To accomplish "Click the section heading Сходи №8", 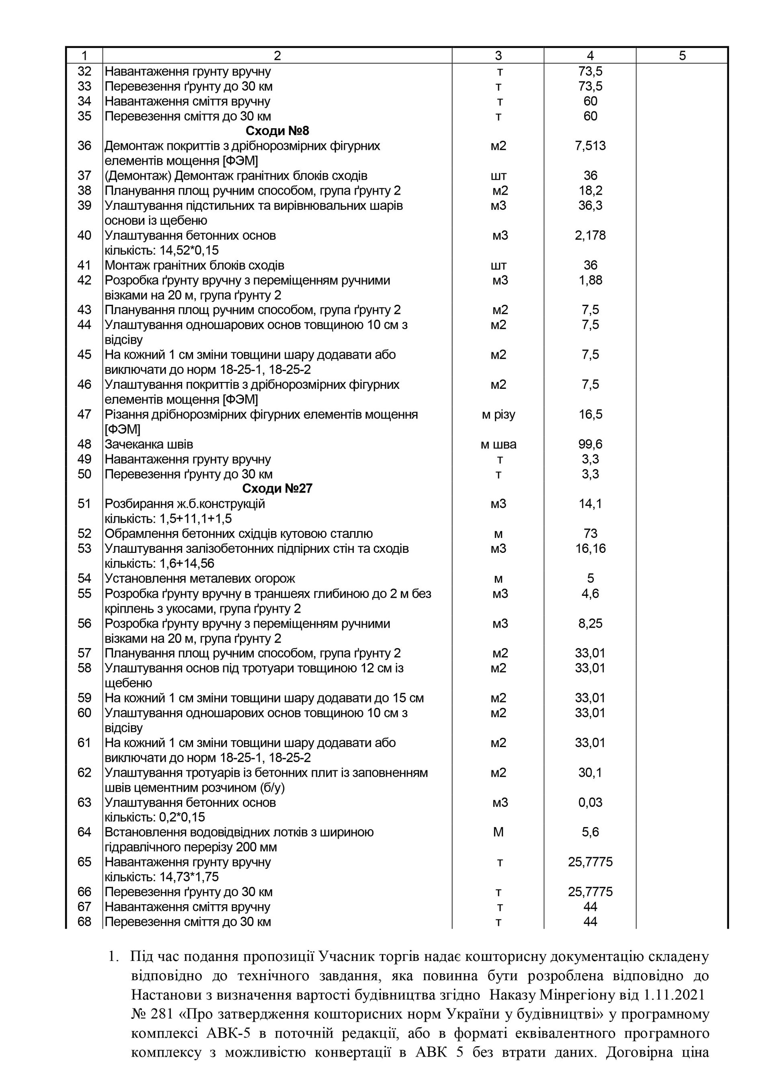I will pyautogui.click(x=277, y=131).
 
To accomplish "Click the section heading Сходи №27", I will pyautogui.click(x=277, y=489).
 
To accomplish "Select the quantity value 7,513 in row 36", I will pyautogui.click(x=590, y=146).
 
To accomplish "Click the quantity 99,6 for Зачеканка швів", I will pyautogui.click(x=590, y=444).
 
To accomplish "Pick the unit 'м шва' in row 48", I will pyautogui.click(x=498, y=444).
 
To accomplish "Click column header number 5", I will pyautogui.click(x=682, y=55).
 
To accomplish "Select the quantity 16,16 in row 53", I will pyautogui.click(x=590, y=548).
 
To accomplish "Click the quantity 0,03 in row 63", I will pyautogui.click(x=590, y=803).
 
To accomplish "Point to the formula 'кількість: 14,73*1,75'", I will pyautogui.click(x=161, y=876).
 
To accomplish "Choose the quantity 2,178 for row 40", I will pyautogui.click(x=590, y=236).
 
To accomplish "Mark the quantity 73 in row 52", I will pyautogui.click(x=590, y=534).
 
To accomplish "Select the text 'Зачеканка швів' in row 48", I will pyautogui.click(x=149, y=444).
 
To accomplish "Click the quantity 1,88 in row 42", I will pyautogui.click(x=590, y=280).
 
